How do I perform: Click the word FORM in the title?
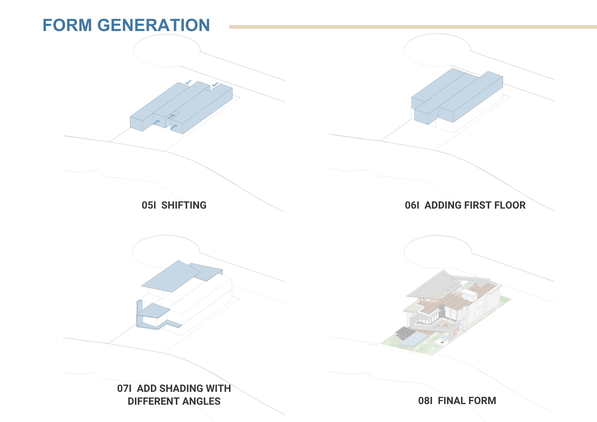pos(67,25)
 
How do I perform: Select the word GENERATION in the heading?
pos(154,25)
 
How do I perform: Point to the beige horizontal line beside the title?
pos(413,27)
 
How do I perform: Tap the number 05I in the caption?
pos(149,205)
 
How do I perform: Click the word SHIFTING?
pos(184,205)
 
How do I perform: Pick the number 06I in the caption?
pos(412,205)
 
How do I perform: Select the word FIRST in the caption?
pos(478,205)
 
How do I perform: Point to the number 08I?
pos(425,401)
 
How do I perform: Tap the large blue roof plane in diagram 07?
pos(171,276)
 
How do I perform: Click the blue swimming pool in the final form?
pos(413,340)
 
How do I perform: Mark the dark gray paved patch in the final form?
pos(404,333)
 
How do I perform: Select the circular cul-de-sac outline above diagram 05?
pos(167,50)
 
